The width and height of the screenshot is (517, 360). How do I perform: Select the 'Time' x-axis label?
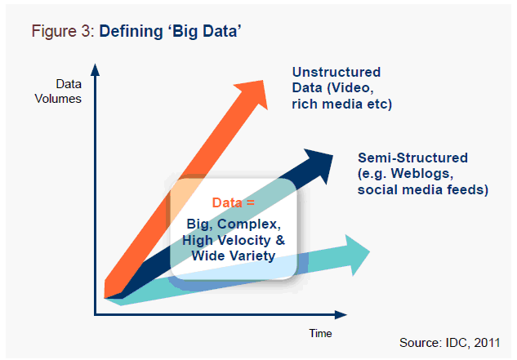320,332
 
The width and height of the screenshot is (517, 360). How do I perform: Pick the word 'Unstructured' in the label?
336,72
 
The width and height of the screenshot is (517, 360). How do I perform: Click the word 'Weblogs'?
436,174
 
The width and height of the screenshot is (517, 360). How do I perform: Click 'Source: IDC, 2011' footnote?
455,341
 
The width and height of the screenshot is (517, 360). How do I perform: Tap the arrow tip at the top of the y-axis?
96,67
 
